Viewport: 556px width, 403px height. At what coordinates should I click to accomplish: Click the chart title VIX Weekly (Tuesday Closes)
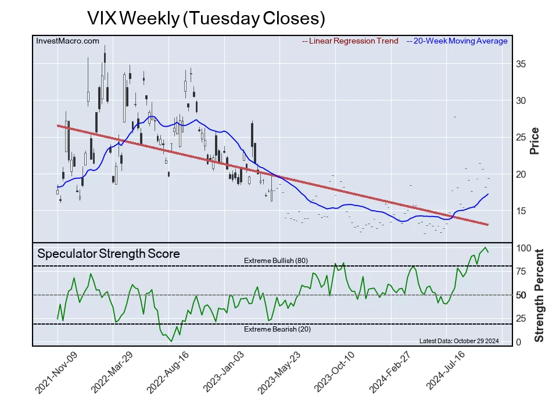pos(206,18)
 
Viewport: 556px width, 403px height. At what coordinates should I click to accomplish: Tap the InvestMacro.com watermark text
pos(67,41)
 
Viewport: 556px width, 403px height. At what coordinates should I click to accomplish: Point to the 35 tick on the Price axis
pos(521,64)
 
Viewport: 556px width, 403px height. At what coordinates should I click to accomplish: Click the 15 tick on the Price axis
pos(521,211)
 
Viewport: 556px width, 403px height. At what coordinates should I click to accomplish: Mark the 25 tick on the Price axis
pos(521,138)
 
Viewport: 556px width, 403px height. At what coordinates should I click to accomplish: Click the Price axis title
pos(535,141)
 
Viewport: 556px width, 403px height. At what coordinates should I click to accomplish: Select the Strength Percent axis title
pos(539,296)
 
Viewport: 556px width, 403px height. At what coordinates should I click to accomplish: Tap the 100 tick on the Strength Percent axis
pos(523,248)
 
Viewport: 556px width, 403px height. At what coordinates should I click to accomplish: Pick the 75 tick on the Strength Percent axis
pos(521,271)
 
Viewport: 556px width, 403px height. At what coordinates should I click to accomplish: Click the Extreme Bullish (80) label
pos(276,261)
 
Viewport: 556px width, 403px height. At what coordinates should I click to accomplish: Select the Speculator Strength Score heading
pos(109,254)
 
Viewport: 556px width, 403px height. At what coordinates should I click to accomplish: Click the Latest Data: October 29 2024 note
pos(459,341)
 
